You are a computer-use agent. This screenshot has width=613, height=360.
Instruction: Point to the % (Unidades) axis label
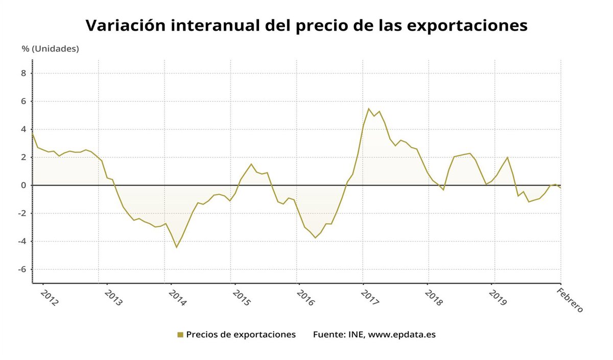pos(50,49)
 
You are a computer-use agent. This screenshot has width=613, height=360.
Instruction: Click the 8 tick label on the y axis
pos(23,73)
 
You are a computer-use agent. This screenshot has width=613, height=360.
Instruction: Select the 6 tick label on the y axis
pos(23,101)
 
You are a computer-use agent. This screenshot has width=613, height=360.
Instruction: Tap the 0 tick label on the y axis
pos(23,185)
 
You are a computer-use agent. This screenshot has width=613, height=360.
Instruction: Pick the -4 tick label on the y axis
pos(22,242)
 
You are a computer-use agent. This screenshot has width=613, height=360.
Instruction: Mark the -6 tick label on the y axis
pos(22,270)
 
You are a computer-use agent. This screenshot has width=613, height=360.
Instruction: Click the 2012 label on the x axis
pos(49,297)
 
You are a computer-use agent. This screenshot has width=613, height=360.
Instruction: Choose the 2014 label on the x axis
pos(177,297)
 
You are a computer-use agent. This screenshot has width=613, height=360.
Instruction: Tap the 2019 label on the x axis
pos(498,297)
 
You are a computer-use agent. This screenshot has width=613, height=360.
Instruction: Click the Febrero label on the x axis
pos(569,300)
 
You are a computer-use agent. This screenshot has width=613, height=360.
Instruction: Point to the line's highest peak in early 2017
pos(368,108)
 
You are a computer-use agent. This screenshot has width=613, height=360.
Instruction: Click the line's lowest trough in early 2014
pos(176,248)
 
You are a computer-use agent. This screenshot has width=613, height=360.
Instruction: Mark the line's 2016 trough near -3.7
pos(315,238)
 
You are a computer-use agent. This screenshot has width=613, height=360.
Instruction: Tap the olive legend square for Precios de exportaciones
pos(180,335)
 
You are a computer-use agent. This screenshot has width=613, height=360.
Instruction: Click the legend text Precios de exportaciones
pos(241,335)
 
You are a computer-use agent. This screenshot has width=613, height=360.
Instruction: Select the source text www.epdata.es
pos(402,335)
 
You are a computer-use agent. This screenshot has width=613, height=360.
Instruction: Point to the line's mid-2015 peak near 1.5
pos(251,164)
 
